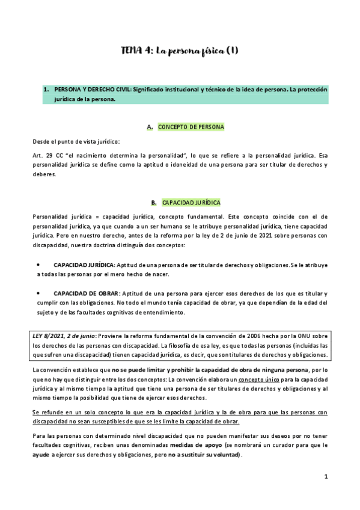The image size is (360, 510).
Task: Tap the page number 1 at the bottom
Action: click(x=325, y=477)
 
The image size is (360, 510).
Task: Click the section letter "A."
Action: click(x=150, y=127)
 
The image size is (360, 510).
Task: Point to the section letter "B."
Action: click(x=154, y=203)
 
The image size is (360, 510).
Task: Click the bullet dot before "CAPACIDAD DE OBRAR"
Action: click(x=38, y=293)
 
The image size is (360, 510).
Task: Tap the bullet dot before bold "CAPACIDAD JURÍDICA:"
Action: click(x=38, y=264)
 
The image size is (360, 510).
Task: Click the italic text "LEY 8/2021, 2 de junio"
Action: click(x=64, y=336)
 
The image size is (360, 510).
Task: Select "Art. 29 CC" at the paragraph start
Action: click(x=46, y=155)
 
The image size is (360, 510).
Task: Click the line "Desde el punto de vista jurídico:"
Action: click(x=76, y=141)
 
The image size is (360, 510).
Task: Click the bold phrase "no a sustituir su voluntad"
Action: click(x=205, y=455)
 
